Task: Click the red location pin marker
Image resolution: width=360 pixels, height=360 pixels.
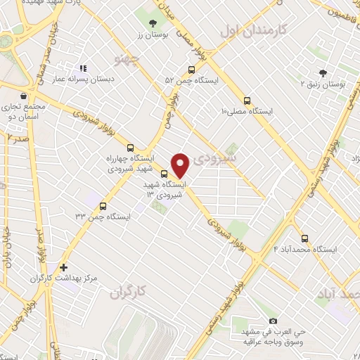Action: click(x=181, y=165)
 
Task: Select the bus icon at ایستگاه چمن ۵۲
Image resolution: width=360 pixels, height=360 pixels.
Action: click(x=191, y=70)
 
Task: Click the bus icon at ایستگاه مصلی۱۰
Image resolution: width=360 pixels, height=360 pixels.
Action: click(x=246, y=100)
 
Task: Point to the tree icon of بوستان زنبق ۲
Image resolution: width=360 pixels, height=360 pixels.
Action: click(x=323, y=72)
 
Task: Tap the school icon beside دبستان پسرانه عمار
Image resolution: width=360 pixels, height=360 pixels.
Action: click(x=83, y=69)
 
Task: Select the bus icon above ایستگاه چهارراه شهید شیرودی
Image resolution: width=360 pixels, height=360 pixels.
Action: click(x=129, y=148)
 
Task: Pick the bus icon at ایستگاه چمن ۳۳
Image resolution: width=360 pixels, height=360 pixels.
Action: click(x=103, y=206)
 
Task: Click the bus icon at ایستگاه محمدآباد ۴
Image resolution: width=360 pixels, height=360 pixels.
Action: click(x=304, y=238)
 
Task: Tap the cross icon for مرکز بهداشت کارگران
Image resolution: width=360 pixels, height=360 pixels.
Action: click(x=64, y=267)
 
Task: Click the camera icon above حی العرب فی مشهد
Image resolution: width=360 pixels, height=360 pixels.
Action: click(x=273, y=321)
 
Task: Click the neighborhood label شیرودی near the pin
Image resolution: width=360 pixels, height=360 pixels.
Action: click(x=219, y=157)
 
